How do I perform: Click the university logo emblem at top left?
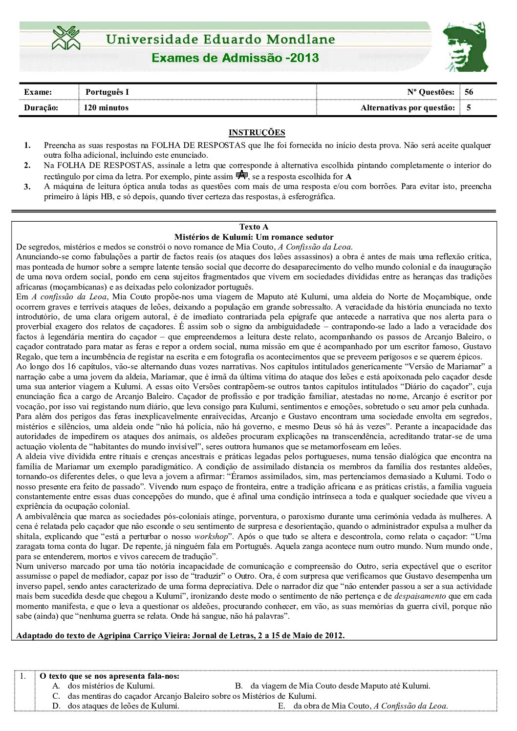pos(66,38)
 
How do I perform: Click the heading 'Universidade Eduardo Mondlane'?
pos(220,40)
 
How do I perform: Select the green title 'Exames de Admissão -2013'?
pos(235,58)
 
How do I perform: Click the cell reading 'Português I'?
pos(107,92)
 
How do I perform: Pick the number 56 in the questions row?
pos(469,92)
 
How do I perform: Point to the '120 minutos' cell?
pos(106,108)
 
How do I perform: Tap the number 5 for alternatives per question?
pos(469,108)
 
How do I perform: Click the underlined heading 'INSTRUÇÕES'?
pos(257,132)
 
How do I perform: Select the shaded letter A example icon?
pos(242,175)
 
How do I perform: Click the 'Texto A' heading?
pos(254,227)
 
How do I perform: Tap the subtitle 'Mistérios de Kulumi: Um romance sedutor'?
pos(254,237)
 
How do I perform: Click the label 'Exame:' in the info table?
pos(38,92)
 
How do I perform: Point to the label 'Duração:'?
pos(41,108)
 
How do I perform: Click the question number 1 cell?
pos(23,676)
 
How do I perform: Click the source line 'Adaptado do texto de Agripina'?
pos(180,635)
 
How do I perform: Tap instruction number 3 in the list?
pos(27,187)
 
